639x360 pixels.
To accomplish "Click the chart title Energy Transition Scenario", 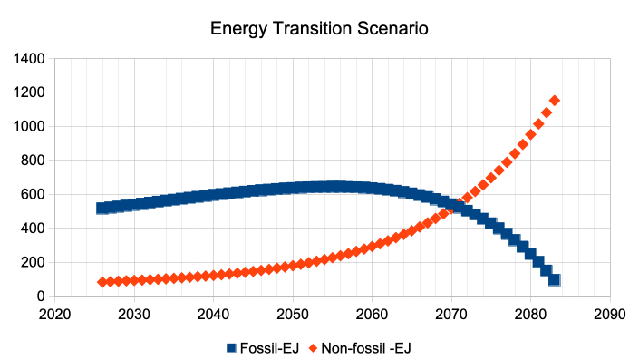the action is pos(319,28).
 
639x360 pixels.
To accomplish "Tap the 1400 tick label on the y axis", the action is pos(29,59).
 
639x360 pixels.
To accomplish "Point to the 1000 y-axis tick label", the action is pos(29,126).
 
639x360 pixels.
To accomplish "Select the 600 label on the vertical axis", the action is pos(33,194).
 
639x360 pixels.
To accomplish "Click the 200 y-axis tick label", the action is pos(33,262).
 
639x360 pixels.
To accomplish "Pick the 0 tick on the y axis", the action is pos(41,297).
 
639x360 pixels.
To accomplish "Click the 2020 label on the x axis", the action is pos(54,315).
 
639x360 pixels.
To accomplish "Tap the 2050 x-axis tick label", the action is pos(293,315).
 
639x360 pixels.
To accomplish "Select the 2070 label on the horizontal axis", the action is pos(451,315).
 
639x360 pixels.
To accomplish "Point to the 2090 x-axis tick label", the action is pos(610,315).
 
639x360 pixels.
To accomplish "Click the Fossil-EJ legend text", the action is pos(269,348).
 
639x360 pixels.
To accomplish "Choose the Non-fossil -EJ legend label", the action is pos(366,348).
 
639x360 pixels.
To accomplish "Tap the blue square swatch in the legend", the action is pos(231,348).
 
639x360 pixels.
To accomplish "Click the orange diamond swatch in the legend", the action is pos(313,348).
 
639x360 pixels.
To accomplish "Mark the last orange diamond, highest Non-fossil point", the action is pos(554,101).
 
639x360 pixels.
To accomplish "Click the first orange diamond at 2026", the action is pos(102,282).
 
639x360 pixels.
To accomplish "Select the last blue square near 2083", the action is pos(554,279).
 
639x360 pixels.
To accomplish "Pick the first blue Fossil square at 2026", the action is pos(102,209).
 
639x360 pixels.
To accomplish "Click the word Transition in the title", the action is pos(313,28).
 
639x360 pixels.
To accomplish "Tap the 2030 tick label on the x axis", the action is pos(134,315).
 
